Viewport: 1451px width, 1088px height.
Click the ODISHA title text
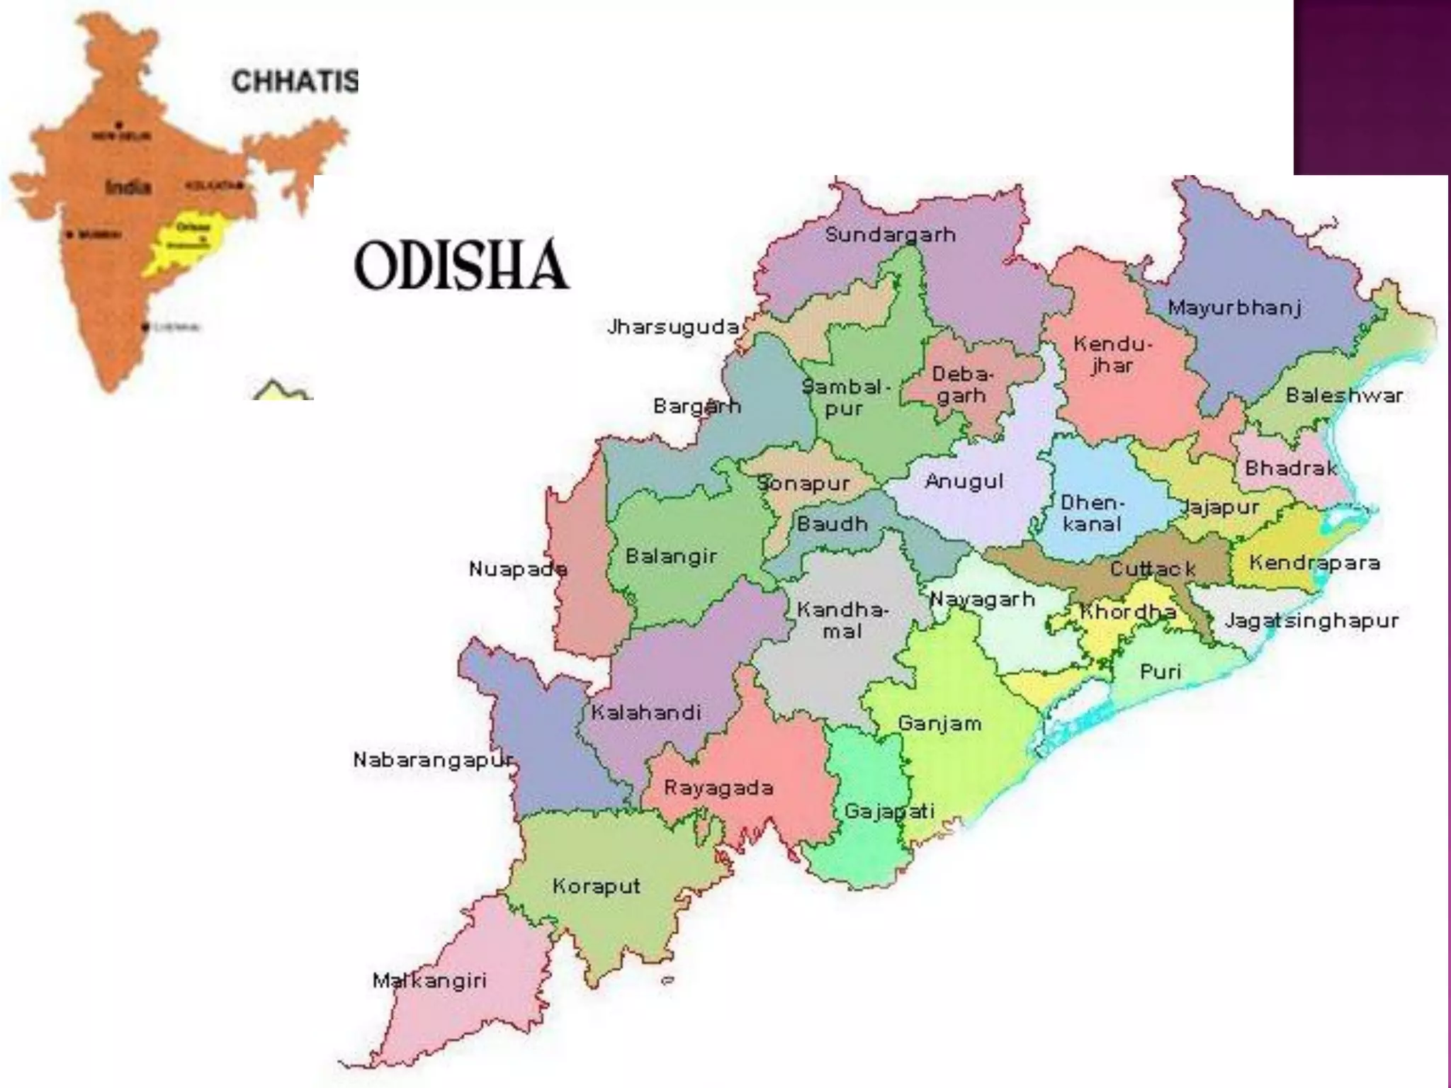click(x=461, y=265)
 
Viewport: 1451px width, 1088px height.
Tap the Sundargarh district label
click(x=890, y=234)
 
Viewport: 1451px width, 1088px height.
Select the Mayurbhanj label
click(x=1234, y=307)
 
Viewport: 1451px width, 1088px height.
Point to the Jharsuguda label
click(x=673, y=327)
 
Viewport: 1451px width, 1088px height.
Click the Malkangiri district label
click(x=429, y=980)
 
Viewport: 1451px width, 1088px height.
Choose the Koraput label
click(x=596, y=886)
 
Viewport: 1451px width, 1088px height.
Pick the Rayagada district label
click(x=718, y=788)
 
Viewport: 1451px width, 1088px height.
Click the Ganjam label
click(x=939, y=723)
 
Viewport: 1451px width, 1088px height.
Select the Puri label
click(x=1160, y=671)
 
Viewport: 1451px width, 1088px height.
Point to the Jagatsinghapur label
click(x=1312, y=620)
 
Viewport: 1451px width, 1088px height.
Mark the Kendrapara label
click(x=1314, y=563)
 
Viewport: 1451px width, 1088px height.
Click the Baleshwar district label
click(x=1344, y=395)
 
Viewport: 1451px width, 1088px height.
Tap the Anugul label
click(x=964, y=482)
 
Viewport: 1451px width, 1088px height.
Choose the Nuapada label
click(x=518, y=569)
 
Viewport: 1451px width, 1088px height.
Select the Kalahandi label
click(x=645, y=713)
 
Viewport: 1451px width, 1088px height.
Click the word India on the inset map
click(x=128, y=187)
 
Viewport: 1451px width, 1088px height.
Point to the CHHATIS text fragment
click(x=295, y=81)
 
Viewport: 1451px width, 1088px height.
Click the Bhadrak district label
click(x=1290, y=468)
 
